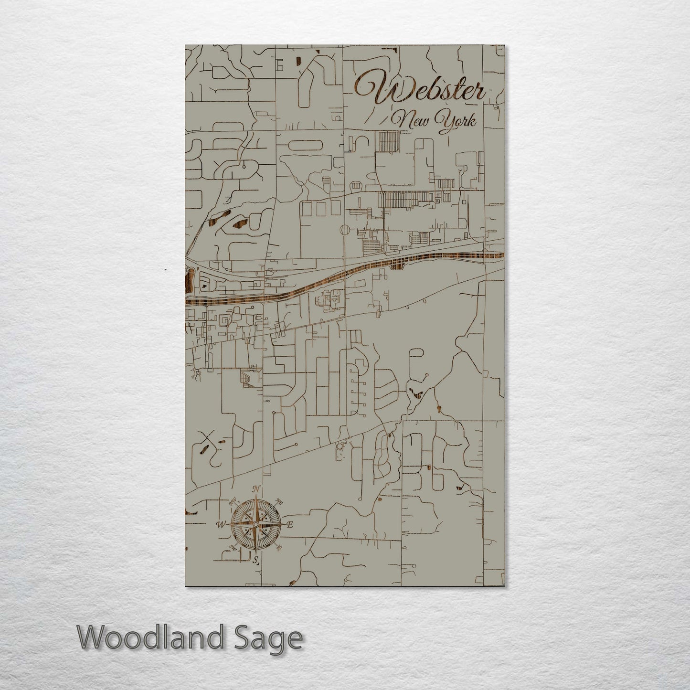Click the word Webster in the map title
(x=420, y=89)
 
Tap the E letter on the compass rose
(x=289, y=525)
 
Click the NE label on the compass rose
(x=280, y=504)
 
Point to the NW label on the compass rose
(x=234, y=502)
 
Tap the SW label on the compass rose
(x=234, y=547)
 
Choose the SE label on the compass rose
(x=279, y=547)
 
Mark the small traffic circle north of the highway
(x=344, y=231)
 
